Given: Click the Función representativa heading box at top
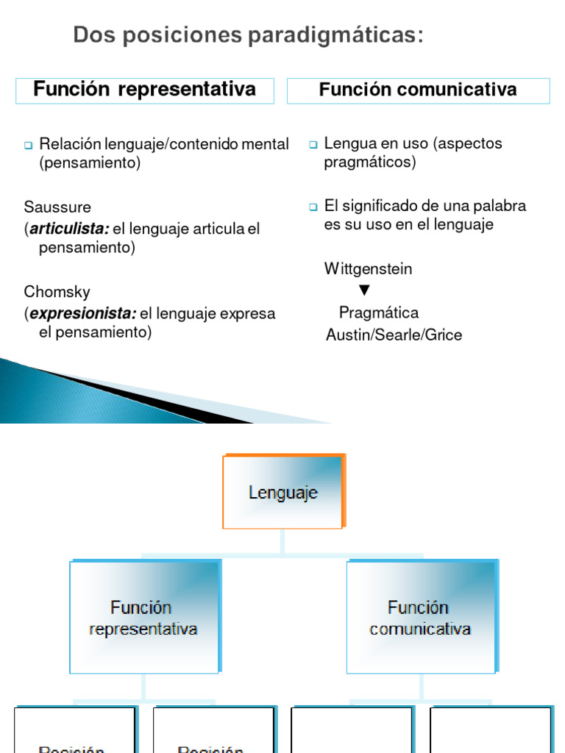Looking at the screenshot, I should (145, 90).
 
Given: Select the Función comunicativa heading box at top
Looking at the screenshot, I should (418, 90).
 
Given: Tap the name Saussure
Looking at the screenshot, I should (57, 207).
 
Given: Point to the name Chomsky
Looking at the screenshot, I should (57, 292).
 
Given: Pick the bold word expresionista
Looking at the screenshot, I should (82, 314).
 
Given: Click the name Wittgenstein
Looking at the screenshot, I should (368, 269).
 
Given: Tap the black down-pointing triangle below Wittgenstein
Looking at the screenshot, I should (364, 290).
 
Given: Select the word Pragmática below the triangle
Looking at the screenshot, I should (378, 313).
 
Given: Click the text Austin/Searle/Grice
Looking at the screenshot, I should (394, 335).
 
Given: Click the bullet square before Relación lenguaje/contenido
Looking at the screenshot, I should (29, 145).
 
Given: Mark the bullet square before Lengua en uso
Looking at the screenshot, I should (313, 144).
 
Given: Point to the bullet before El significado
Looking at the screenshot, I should (313, 207).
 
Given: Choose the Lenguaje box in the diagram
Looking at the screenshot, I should (283, 492).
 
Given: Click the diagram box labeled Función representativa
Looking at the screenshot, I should (143, 618).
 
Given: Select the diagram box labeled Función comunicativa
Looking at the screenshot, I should (420, 618).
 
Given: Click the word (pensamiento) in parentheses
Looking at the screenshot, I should (90, 163).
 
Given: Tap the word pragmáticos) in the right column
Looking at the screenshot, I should (369, 163).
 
